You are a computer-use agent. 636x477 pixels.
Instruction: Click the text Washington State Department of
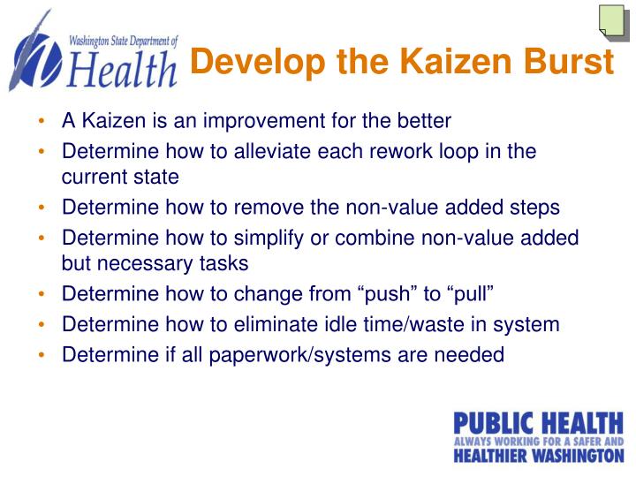pyautogui.click(x=123, y=41)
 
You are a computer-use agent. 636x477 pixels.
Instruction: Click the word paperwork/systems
pyautogui.click(x=302, y=354)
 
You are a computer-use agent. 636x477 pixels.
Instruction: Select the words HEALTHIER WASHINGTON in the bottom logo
pyautogui.click(x=538, y=456)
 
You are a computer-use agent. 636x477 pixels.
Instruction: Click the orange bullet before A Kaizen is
pyautogui.click(x=42, y=121)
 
